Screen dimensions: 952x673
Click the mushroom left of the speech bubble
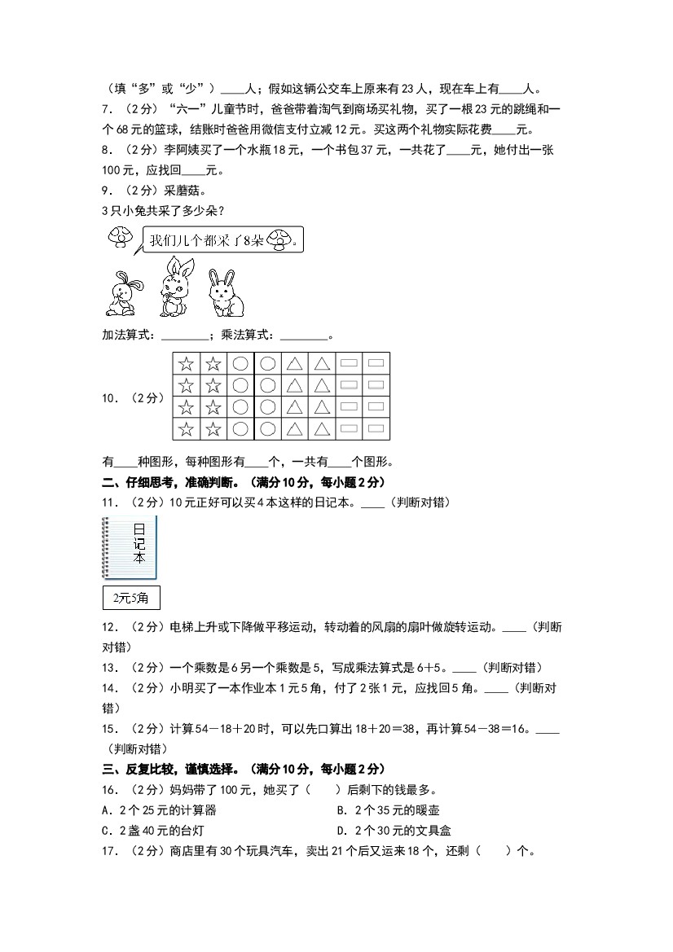pyautogui.click(x=120, y=237)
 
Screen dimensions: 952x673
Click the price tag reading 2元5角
pyautogui.click(x=131, y=599)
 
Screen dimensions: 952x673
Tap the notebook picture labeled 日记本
pyautogui.click(x=130, y=547)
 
